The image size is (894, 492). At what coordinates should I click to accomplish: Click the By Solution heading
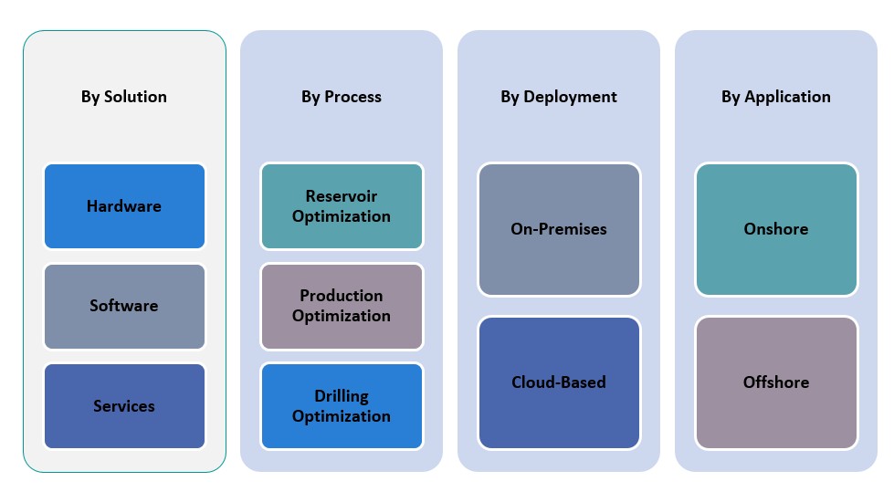[124, 97]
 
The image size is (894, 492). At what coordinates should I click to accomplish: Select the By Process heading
[342, 97]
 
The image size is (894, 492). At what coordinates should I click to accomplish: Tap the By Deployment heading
[559, 97]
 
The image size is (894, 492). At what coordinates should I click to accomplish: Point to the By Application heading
[776, 97]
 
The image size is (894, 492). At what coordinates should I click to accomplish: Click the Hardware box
[124, 206]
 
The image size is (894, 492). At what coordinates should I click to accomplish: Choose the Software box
[124, 306]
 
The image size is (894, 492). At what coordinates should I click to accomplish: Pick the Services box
[124, 406]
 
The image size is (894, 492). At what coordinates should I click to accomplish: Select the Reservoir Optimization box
[342, 206]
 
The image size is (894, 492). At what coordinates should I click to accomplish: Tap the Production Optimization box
[342, 306]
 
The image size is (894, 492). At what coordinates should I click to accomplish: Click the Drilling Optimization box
[342, 406]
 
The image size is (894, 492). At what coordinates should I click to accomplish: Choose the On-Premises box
[559, 229]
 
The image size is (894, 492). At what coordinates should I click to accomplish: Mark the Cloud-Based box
[559, 382]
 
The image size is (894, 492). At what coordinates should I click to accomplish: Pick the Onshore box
[776, 229]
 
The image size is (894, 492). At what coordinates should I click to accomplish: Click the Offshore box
[776, 382]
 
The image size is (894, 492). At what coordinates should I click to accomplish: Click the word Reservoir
[342, 196]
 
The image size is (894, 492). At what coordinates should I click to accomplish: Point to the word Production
[342, 296]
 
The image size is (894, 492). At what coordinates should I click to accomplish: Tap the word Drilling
[342, 396]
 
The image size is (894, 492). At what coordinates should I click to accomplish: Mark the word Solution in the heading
[136, 97]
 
